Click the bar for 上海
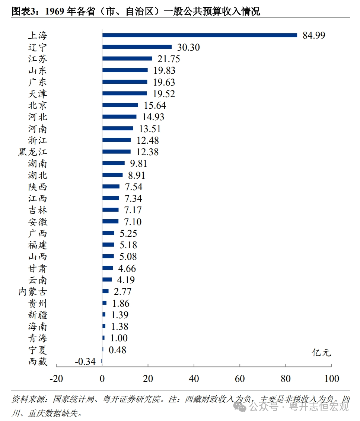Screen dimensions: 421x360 pos(200,35)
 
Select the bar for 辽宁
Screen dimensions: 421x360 pos(137,47)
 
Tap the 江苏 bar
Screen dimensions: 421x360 pos(127,58)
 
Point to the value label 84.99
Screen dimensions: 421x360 pos(314,36)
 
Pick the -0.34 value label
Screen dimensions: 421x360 pos(85,361)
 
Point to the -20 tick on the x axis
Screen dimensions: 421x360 pos(56,379)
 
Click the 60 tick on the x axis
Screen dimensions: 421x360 pos(240,379)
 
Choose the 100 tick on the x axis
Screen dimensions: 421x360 pos(331,379)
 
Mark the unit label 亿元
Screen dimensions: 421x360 pos(321,353)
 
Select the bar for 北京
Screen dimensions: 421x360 pos(120,105)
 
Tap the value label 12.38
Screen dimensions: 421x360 pos(147,152)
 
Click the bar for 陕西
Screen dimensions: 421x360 pos(111,186)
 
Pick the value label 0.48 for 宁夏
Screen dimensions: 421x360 pos(117,350)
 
